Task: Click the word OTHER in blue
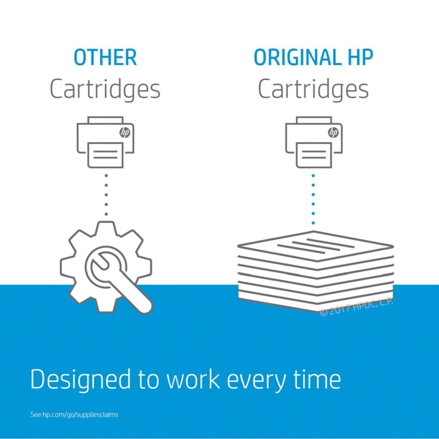pyautogui.click(x=105, y=57)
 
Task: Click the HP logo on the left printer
pyautogui.click(x=125, y=133)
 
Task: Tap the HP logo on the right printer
pyautogui.click(x=333, y=133)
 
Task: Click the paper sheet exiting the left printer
pyautogui.click(x=105, y=155)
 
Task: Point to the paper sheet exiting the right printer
pyautogui.click(x=314, y=155)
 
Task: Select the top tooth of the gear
pyautogui.click(x=106, y=229)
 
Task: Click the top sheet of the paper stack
pyautogui.click(x=316, y=246)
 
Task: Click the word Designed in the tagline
pyautogui.click(x=81, y=380)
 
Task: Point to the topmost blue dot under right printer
pyautogui.click(x=314, y=176)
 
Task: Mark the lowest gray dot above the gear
pyautogui.click(x=106, y=214)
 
